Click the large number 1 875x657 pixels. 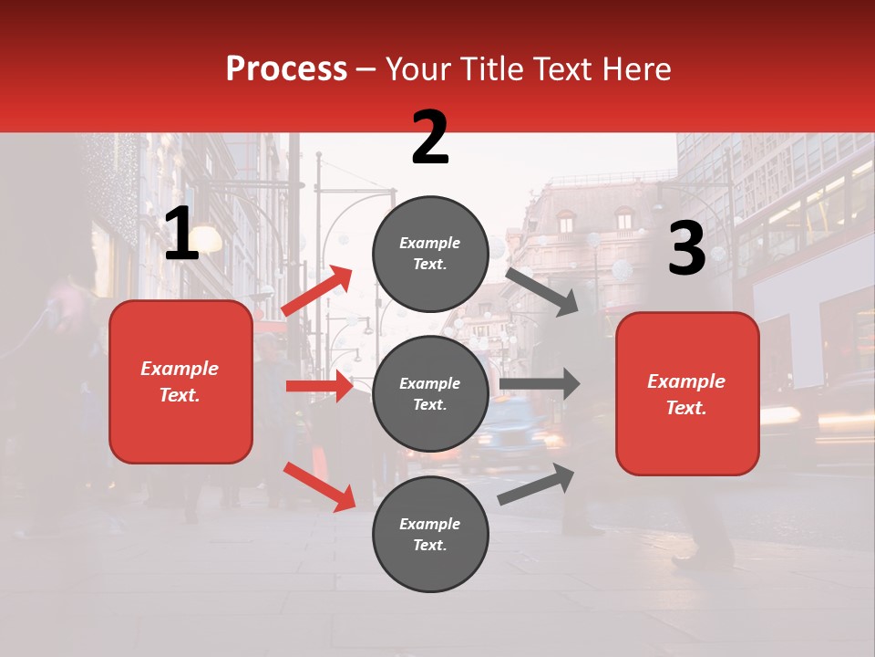(181, 235)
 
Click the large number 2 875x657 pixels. (430, 138)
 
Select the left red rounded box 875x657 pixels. (180, 381)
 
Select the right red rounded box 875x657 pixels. (687, 393)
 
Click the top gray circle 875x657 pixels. (430, 254)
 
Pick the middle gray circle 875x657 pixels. (430, 393)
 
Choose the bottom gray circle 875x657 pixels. (430, 534)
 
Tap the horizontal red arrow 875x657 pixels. (319, 386)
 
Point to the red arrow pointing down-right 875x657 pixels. (319, 486)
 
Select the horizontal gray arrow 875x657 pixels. (539, 384)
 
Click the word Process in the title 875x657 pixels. (286, 68)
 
